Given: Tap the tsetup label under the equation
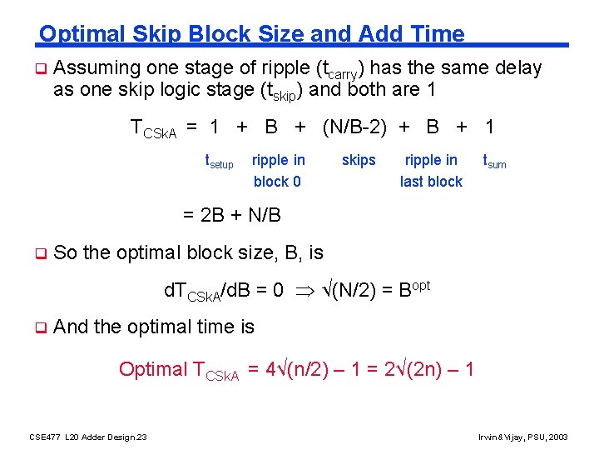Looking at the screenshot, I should click(219, 162).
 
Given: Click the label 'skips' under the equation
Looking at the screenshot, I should click(359, 160).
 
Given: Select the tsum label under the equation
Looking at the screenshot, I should click(495, 162).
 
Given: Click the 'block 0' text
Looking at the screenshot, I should click(277, 182).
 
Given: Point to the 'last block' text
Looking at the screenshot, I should click(431, 182).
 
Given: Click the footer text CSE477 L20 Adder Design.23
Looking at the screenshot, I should click(88, 437).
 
